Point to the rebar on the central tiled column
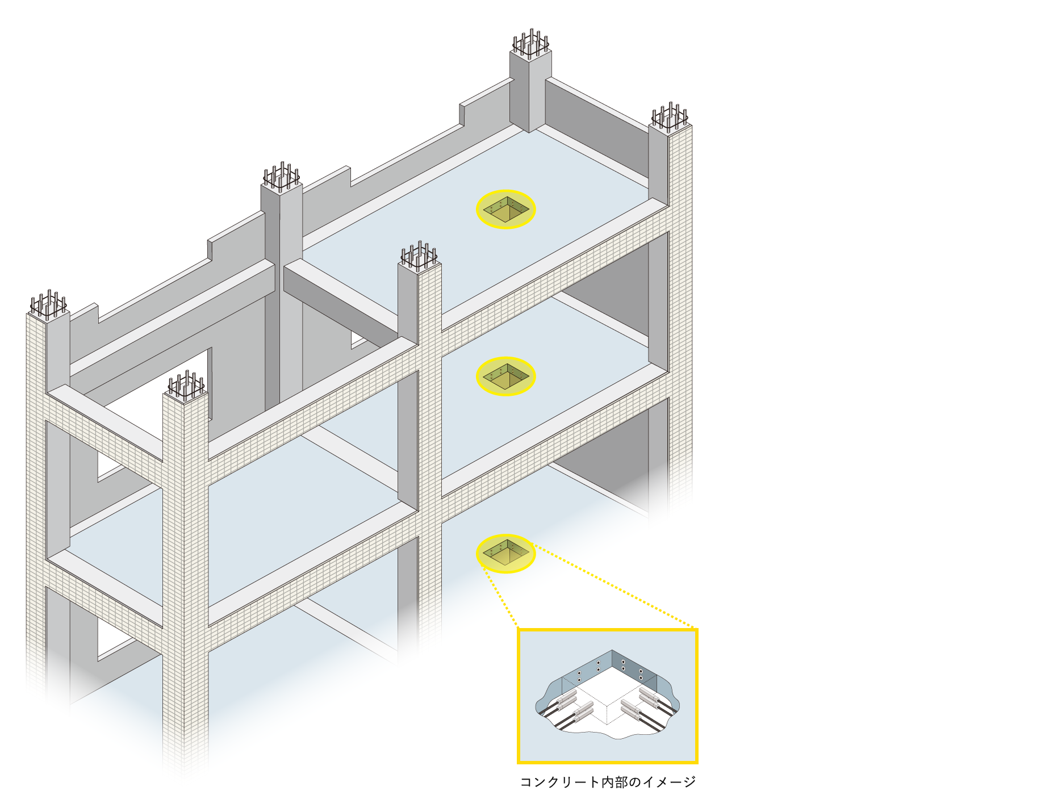tap(419, 256)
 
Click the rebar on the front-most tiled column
tap(186, 386)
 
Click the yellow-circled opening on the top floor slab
tap(505, 210)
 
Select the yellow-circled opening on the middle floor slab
tap(505, 376)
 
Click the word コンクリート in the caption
tap(560, 783)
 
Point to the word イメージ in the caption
tap(669, 783)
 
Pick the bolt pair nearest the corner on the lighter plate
tap(598, 666)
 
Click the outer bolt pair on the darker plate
tap(641, 674)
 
